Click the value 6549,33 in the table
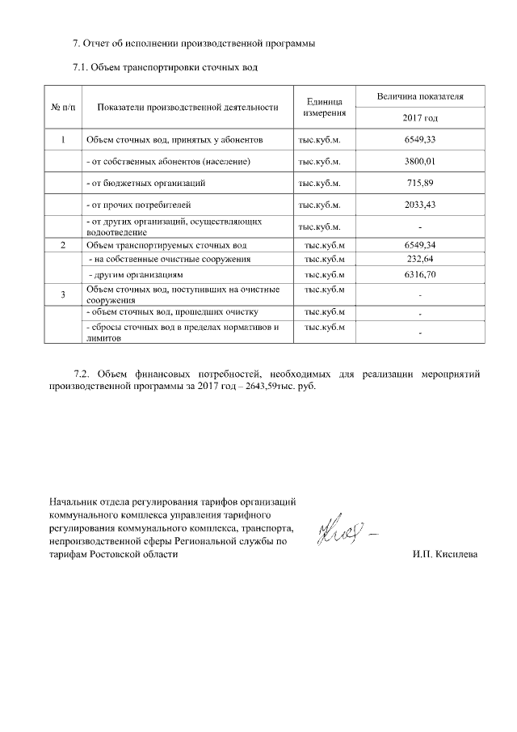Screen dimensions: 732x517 420,140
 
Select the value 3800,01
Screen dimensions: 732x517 420,161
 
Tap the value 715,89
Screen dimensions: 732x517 420,183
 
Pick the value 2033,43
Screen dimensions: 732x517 420,205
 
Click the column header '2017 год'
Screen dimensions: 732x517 420,118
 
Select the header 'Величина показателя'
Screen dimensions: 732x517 420,96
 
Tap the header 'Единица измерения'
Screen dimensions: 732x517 326,107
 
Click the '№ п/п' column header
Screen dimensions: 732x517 63,107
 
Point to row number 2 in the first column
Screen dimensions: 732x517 63,245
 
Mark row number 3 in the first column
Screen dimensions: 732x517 63,294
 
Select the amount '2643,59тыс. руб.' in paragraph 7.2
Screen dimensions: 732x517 274,387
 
